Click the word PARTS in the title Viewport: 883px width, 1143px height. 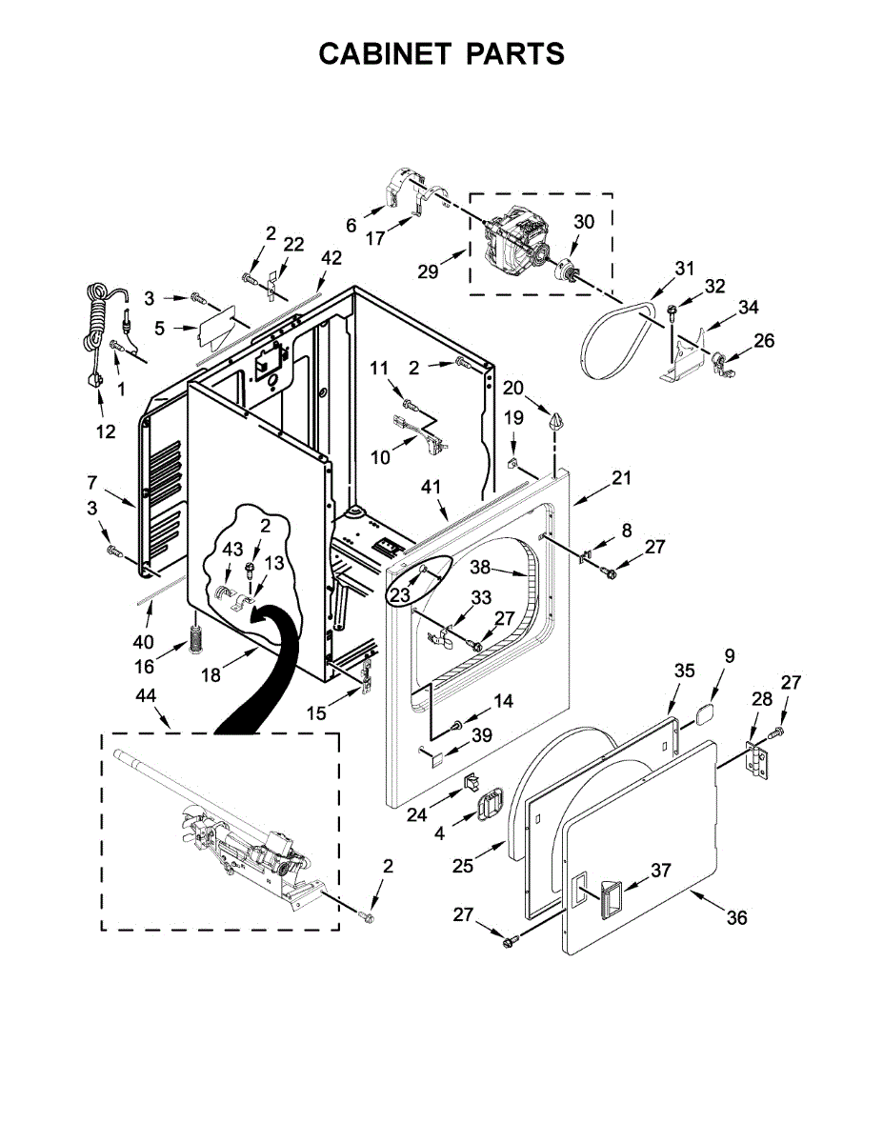(514, 54)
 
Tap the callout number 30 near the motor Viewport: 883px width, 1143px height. (584, 222)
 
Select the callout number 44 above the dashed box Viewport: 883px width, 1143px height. (146, 697)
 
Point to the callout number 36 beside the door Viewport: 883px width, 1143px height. (736, 917)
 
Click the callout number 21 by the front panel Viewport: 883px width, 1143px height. (621, 478)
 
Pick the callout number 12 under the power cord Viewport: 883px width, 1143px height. (105, 431)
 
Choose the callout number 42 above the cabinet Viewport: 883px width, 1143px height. (331, 257)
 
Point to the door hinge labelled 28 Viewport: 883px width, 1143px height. (757, 759)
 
